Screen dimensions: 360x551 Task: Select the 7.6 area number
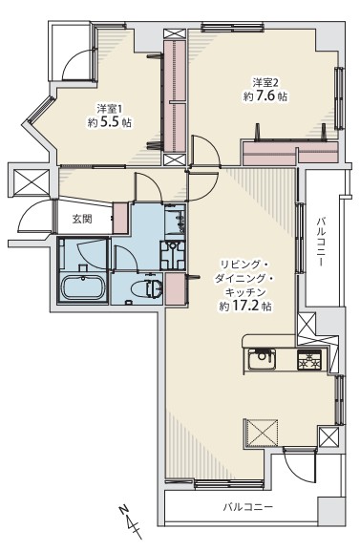point(265,95)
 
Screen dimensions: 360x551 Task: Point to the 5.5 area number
point(110,122)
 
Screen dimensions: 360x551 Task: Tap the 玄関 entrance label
point(82,219)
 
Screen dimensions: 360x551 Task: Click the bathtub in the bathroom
point(83,287)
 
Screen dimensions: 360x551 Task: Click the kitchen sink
point(262,359)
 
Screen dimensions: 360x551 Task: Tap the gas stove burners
point(309,359)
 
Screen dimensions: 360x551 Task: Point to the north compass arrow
point(131,521)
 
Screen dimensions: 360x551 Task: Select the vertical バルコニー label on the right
point(321,243)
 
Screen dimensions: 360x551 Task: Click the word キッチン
point(245,292)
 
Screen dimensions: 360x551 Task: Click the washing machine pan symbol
point(173,255)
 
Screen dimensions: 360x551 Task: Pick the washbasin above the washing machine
point(176,220)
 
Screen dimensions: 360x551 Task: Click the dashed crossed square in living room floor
point(262,433)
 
